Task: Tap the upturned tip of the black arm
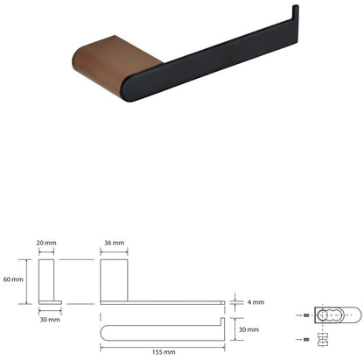pos(295,11)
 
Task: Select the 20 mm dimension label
pos(46,243)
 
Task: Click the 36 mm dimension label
pos(114,243)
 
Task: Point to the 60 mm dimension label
pos(13,279)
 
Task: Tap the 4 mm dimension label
pos(255,302)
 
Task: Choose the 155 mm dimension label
pos(164,352)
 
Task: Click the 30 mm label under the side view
pos(50,320)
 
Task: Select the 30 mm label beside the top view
pos(248,329)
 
